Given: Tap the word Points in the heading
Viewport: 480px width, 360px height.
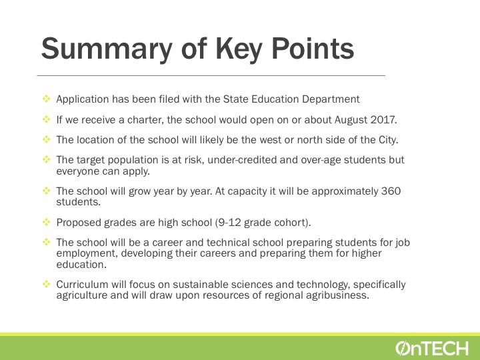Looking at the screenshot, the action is point(313,49).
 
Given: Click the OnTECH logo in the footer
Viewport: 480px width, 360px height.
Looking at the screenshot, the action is point(431,349).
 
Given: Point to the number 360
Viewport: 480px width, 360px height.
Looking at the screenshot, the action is point(391,191).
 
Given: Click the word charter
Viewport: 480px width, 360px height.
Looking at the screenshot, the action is point(145,120).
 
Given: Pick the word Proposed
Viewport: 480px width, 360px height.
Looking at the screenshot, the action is point(79,223).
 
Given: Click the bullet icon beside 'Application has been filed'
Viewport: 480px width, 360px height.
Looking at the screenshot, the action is point(46,99).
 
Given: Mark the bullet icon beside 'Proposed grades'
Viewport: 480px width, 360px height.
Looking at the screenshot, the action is point(46,221).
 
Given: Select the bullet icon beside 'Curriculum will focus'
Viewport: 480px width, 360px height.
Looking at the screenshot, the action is point(46,284).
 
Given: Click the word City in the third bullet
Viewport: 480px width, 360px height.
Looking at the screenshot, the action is point(388,140).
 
